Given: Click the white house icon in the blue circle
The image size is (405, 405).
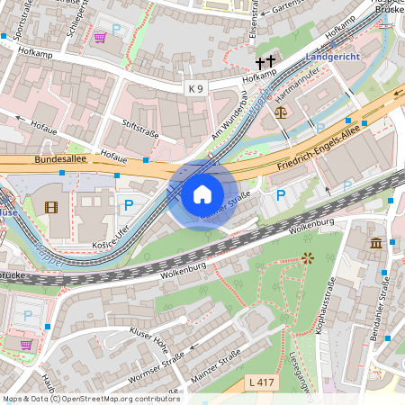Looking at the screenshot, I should pyautogui.click(x=202, y=194).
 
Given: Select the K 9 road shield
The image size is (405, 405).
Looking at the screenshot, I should pyautogui.click(x=196, y=87).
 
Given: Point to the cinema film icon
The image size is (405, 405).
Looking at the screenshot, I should pyautogui.click(x=49, y=208).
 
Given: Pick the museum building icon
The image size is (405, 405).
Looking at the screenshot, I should pyautogui.click(x=374, y=243).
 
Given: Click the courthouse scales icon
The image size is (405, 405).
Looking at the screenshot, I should pyautogui.click(x=281, y=113).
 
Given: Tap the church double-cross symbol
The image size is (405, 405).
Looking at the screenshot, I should pyautogui.click(x=265, y=63).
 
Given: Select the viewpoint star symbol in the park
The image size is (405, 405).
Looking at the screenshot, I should pyautogui.click(x=308, y=257).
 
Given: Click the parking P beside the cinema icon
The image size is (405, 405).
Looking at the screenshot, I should pyautogui.click(x=128, y=205).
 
